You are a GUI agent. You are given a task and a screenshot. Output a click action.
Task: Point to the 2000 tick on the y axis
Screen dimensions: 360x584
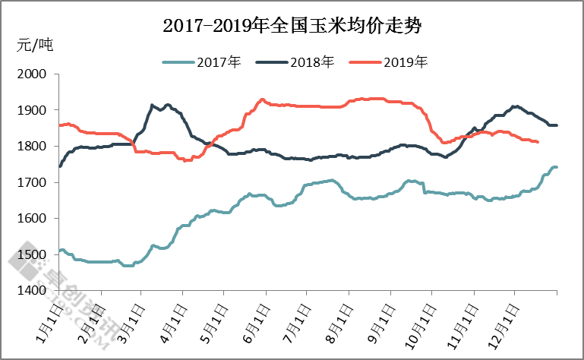click(31, 74)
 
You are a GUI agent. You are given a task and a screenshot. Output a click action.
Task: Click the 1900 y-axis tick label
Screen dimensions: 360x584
click(31, 110)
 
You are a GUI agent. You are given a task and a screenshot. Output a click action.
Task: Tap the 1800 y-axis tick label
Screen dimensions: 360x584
click(31, 146)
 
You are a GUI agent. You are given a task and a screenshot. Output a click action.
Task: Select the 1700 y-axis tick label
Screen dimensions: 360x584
click(31, 182)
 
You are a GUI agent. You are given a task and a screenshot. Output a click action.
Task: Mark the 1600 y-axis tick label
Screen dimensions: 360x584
click(31, 218)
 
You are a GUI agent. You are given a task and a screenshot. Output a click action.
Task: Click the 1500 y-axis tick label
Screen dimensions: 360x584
click(31, 254)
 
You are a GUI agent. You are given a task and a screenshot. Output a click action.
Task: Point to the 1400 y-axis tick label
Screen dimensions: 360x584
click(31, 290)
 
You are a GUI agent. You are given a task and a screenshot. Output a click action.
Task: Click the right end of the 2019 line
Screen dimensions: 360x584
click(538, 142)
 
